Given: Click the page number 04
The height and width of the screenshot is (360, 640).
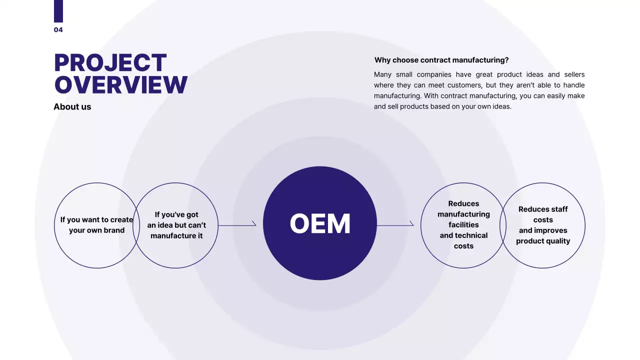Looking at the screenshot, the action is point(58,29).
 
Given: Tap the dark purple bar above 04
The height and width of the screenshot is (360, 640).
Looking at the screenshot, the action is point(58,11).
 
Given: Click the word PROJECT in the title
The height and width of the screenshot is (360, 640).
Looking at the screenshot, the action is point(110,62).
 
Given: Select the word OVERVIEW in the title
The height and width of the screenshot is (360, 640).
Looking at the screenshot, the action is point(121,84).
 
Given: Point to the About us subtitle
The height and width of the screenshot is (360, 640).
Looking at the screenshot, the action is point(72,106).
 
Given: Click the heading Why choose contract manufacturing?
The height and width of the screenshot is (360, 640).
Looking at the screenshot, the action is point(441,60).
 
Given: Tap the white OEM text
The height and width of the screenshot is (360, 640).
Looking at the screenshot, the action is point(320,223).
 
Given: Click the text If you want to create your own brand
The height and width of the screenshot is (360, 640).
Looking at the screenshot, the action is point(96,225).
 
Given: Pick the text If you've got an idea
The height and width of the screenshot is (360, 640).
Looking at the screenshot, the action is point(176,220).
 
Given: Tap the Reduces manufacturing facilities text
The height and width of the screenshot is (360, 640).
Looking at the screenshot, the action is point(463,214).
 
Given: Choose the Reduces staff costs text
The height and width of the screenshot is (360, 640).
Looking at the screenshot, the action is point(543,214).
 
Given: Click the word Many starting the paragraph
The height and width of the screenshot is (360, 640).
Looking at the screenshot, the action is point(382,74).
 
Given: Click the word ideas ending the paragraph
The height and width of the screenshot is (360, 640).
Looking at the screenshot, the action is point(502,106).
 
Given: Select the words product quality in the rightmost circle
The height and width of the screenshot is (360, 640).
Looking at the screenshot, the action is point(543,241).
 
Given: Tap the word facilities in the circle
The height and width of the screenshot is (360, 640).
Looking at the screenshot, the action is point(463,225).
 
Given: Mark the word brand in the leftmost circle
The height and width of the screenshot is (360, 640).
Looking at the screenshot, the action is point(115,230).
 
